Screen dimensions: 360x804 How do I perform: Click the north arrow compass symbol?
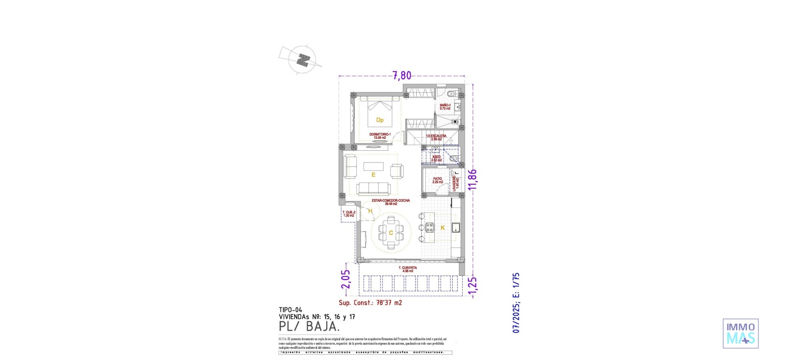302,60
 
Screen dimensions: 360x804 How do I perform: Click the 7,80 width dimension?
402,76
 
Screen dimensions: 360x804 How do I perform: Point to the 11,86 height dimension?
472,180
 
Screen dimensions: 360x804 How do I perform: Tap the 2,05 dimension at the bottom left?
345,279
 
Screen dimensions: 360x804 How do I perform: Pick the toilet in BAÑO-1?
451,93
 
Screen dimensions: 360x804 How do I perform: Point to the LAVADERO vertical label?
456,183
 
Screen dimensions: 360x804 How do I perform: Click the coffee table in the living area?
373,167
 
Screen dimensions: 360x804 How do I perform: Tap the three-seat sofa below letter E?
374,189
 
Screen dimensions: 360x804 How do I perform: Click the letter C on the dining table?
391,233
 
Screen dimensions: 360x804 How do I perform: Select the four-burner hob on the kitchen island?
430,228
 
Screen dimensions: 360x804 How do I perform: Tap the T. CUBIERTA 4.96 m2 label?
407,269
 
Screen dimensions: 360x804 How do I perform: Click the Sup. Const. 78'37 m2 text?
370,303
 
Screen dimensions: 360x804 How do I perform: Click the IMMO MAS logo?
741,334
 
